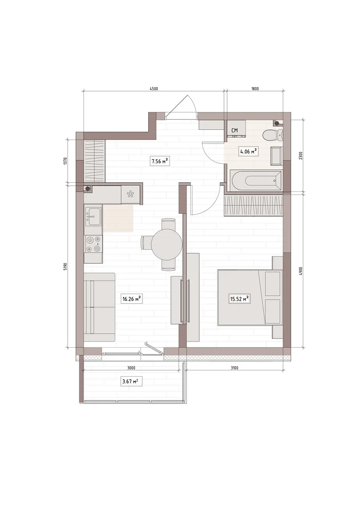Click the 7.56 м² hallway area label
point(160,161)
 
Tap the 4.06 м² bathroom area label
point(248,151)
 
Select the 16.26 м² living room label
point(132,299)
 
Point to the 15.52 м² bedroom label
point(239,299)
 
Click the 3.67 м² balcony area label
point(132,381)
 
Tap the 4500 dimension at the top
point(154,89)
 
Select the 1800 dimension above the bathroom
point(255,89)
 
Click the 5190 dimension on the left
point(65,267)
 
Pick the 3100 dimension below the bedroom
point(234,368)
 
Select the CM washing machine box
point(236,129)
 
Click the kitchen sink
point(93,215)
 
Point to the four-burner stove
point(93,244)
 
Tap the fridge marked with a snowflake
point(131,195)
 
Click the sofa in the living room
point(99,307)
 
